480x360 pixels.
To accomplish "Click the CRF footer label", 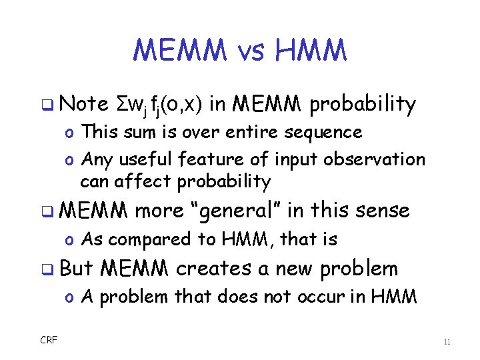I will point(49,340).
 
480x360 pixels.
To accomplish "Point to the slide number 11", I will point(446,342).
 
